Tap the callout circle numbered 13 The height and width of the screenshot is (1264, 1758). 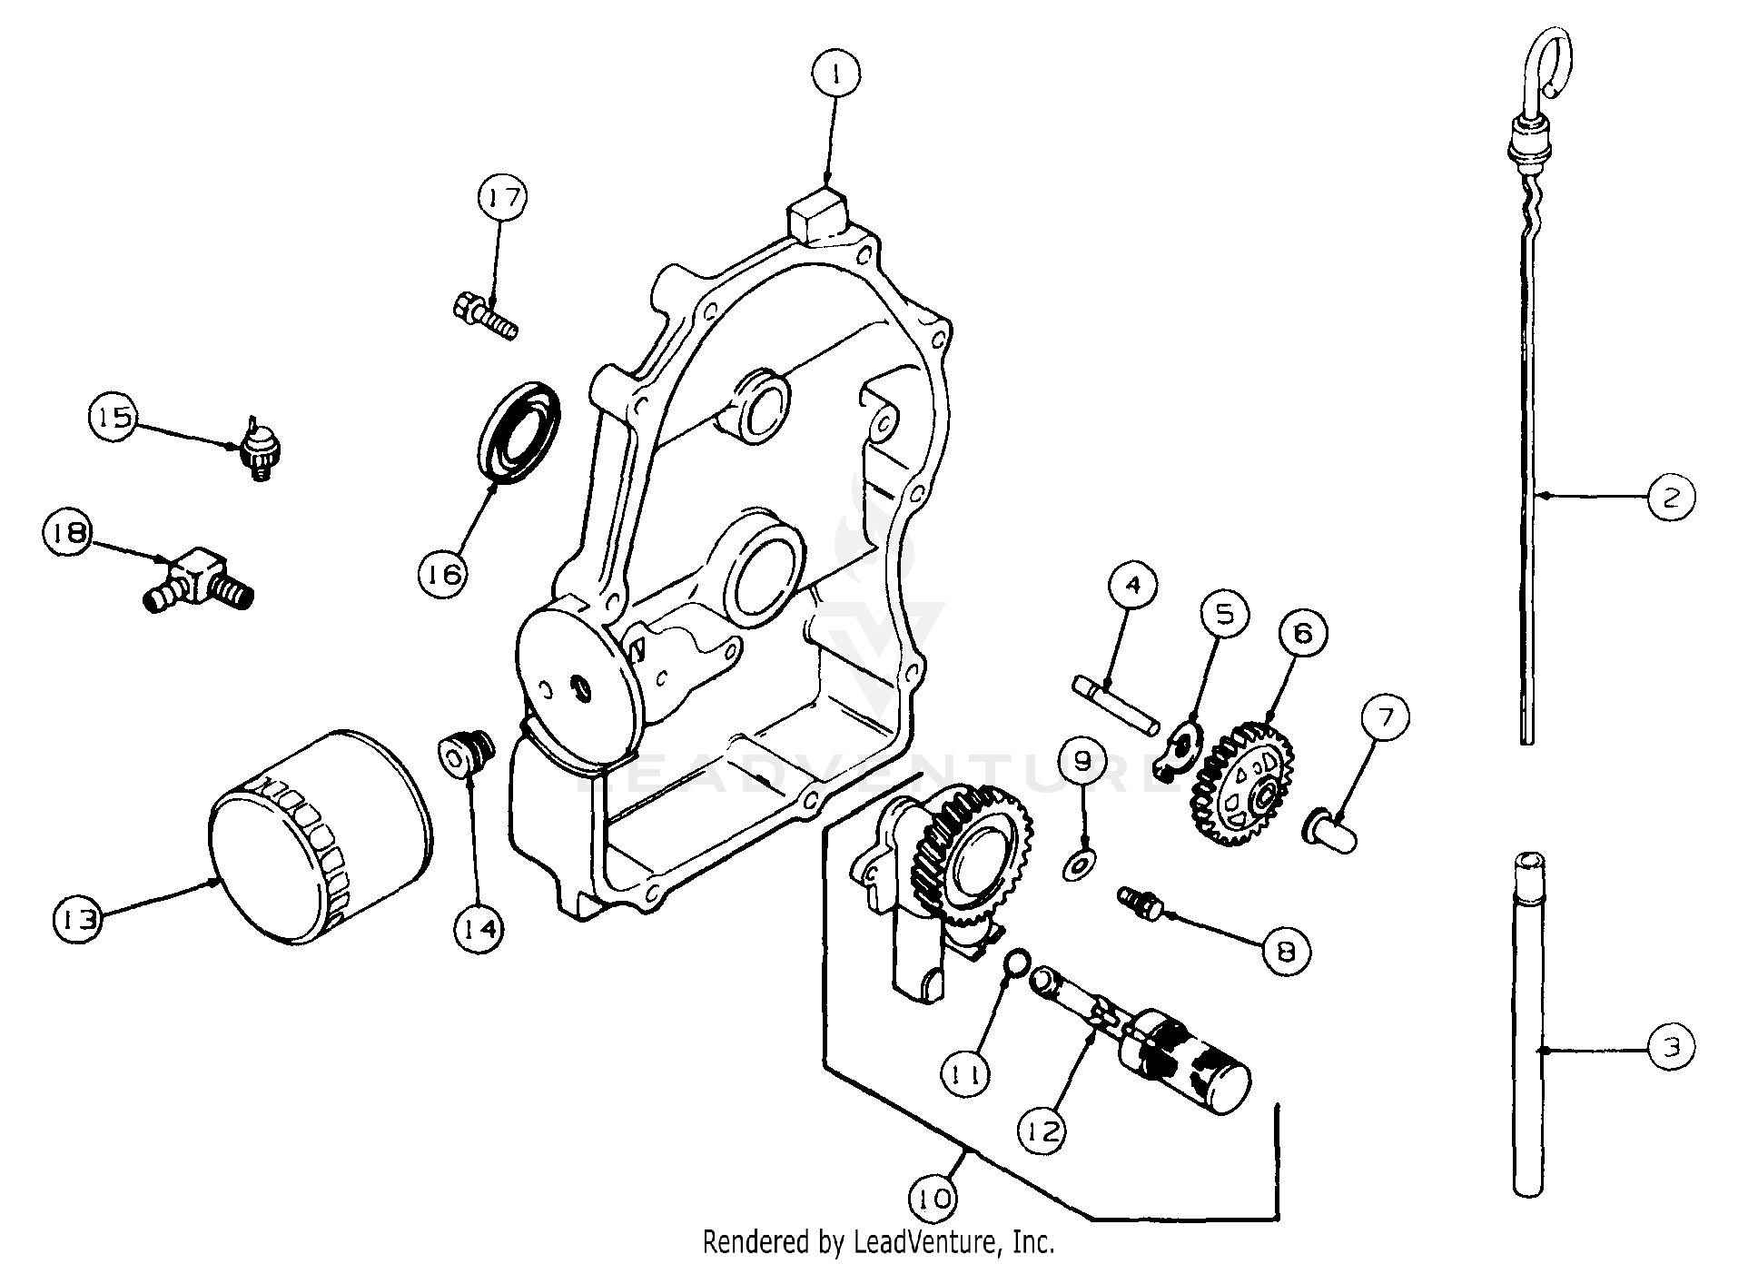[77, 920]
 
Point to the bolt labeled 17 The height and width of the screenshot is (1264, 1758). [485, 316]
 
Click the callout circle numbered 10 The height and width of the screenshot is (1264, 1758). [935, 1200]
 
